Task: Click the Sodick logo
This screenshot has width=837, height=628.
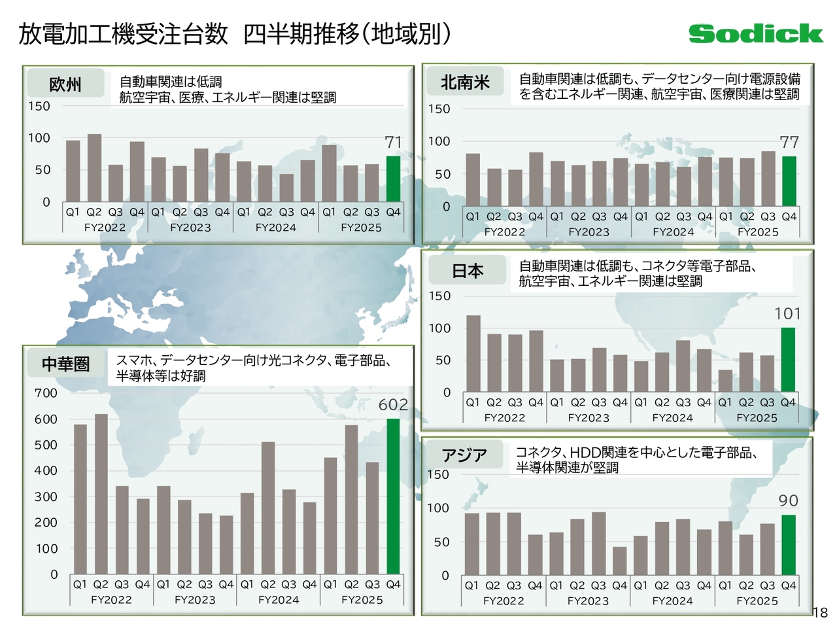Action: pyautogui.click(x=755, y=34)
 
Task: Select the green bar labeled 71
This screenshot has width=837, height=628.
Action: pyautogui.click(x=393, y=179)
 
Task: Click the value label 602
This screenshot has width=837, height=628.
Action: pyautogui.click(x=393, y=405)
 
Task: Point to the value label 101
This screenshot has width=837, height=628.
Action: pyautogui.click(x=787, y=314)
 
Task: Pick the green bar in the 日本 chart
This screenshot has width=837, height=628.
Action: pyautogui.click(x=788, y=359)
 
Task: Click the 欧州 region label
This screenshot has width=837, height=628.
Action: pyautogui.click(x=65, y=84)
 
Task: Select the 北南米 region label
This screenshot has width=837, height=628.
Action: pyautogui.click(x=465, y=82)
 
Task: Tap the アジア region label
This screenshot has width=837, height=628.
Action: pyautogui.click(x=464, y=455)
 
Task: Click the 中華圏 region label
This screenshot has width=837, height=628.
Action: pyautogui.click(x=65, y=364)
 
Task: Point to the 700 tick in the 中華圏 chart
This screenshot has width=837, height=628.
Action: pyautogui.click(x=46, y=393)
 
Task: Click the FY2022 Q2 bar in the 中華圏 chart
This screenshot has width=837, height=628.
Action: pyautogui.click(x=101, y=494)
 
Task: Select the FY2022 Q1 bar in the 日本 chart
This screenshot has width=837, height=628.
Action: pyautogui.click(x=473, y=353)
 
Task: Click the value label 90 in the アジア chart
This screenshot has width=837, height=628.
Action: pyautogui.click(x=788, y=501)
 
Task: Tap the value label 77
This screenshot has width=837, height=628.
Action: pyautogui.click(x=789, y=142)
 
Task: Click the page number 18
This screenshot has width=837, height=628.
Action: pyautogui.click(x=821, y=613)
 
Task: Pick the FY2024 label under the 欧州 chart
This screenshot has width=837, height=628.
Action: pyautogui.click(x=275, y=228)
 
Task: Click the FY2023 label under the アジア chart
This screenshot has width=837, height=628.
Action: pyautogui.click(x=588, y=601)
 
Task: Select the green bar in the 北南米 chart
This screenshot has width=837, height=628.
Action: pyautogui.click(x=789, y=181)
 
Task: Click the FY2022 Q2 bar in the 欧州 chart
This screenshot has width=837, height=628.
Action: pyautogui.click(x=94, y=167)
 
